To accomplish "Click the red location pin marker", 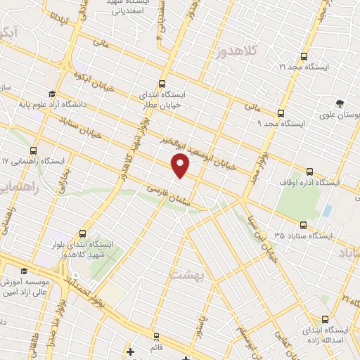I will [181, 165].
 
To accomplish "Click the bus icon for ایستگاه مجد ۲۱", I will [304, 56].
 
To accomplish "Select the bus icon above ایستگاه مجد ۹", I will [281, 112].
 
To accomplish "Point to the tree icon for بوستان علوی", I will [341, 103].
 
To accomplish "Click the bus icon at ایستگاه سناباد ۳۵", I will [303, 225].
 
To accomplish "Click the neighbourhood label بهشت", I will [205, 276].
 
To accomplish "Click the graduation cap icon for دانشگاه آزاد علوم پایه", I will [51, 94].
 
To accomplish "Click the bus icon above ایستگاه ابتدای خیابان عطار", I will [163, 82].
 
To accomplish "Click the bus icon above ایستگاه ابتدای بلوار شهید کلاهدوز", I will [83, 233].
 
